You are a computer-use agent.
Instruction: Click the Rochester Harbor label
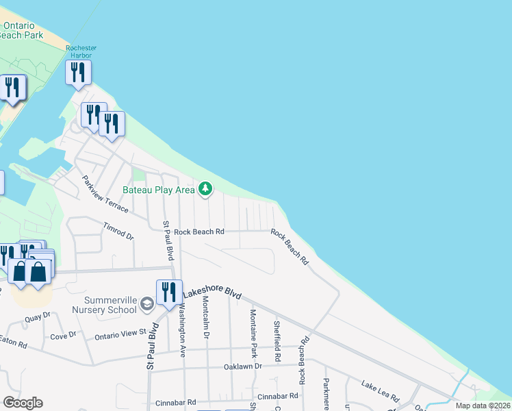(x=81, y=52)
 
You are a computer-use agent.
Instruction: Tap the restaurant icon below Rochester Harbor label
(x=78, y=71)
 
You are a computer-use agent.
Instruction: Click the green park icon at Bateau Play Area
(x=205, y=188)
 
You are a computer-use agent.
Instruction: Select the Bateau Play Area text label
(x=158, y=190)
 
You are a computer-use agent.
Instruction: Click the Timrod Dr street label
(x=118, y=231)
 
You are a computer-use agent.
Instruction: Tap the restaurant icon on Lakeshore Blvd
(x=168, y=291)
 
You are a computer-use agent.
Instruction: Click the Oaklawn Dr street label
(x=243, y=366)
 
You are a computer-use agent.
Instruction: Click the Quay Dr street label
(x=38, y=316)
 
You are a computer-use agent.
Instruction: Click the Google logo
(x=23, y=403)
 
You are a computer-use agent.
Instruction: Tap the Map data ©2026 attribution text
(x=483, y=406)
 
